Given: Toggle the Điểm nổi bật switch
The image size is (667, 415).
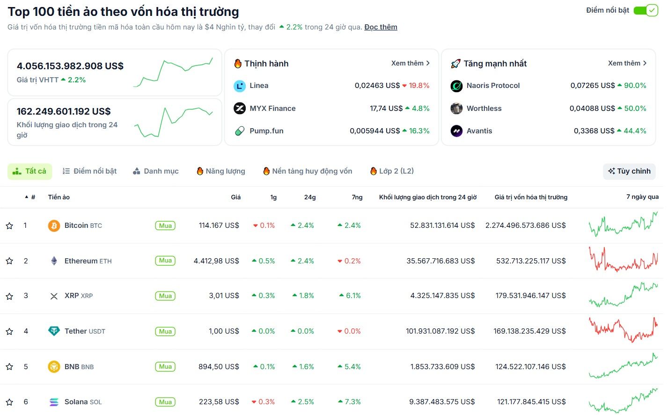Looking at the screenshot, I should [x=645, y=10].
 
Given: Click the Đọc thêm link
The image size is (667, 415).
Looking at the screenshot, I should [x=381, y=27].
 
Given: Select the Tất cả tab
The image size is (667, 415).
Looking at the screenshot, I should [x=30, y=171].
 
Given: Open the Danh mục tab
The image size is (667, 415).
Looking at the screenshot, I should [x=156, y=171].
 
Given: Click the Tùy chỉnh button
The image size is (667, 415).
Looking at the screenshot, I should [x=629, y=171].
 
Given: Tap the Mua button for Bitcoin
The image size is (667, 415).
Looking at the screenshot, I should [x=165, y=226].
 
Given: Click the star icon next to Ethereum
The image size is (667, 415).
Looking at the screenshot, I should [x=9, y=261].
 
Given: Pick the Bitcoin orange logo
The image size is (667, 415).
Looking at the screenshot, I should [x=54, y=226].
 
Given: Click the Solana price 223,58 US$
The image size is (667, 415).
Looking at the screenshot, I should [x=219, y=402].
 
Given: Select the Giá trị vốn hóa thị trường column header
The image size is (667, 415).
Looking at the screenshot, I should [x=531, y=197].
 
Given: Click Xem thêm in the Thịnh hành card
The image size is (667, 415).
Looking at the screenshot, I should [x=410, y=63].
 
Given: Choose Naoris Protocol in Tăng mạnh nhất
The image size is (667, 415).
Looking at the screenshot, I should [x=493, y=86].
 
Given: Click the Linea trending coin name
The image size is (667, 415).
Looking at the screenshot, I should [x=259, y=86].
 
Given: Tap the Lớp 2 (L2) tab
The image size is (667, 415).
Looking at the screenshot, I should [x=392, y=171].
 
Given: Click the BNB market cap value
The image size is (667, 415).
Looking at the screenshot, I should [x=530, y=367].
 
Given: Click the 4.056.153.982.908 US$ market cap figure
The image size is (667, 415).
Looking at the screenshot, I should [x=70, y=66].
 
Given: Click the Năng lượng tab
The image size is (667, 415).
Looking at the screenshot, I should [x=221, y=171].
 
